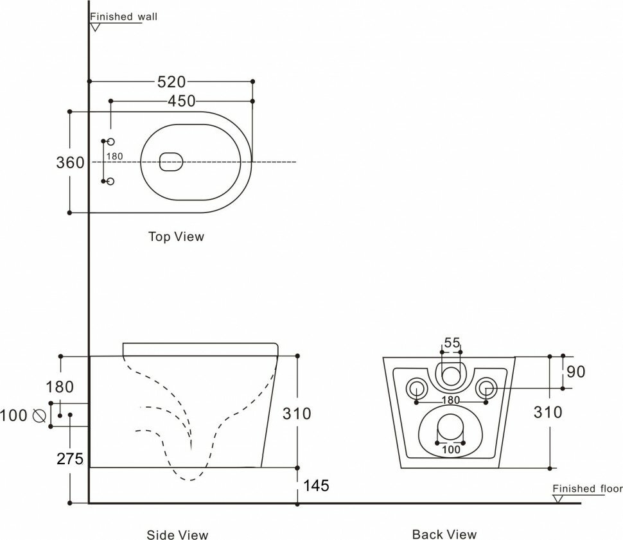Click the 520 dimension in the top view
coord(171,82)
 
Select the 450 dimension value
coord(182,101)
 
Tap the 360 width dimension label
coord(70,162)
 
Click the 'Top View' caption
coord(176,236)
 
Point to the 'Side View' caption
coord(177,534)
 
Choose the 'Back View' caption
coord(444,534)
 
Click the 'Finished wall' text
coord(123,17)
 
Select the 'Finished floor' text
coord(587,489)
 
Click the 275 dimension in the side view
coord(69,458)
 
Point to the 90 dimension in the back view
coord(576,372)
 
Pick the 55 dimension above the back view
coord(452,343)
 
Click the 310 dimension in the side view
coord(297,414)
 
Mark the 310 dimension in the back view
coord(548,412)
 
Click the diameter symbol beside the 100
coord(38,415)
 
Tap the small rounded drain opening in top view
coord(171,162)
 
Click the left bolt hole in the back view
coord(417,388)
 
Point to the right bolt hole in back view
coord(486,388)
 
